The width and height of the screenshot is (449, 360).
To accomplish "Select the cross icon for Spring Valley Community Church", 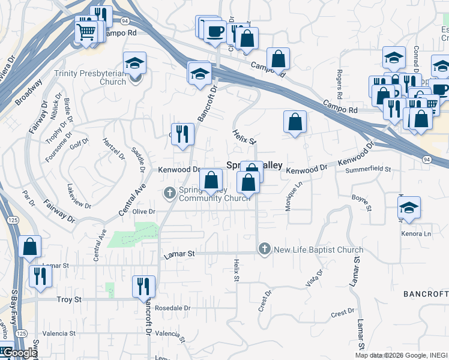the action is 170,192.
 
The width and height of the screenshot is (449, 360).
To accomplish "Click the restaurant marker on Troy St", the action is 143,286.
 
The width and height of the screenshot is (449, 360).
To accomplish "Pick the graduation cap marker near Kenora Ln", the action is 409,208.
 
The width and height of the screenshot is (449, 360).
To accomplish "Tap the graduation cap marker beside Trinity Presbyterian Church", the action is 134,64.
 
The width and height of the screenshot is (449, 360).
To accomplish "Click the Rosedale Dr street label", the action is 172,308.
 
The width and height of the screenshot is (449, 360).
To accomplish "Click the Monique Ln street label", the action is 292,197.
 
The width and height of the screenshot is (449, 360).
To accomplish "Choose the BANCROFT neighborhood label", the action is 426,294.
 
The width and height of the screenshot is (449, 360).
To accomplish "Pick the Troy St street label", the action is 68,299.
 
